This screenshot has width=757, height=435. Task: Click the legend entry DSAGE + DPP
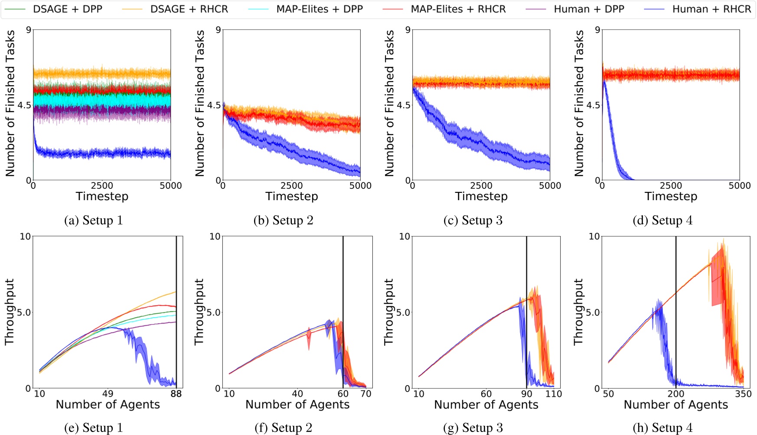(x=67, y=9)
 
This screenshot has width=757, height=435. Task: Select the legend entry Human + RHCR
(x=711, y=9)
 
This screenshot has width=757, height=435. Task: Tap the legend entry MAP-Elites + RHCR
(x=458, y=9)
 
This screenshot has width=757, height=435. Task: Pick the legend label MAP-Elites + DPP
(x=319, y=9)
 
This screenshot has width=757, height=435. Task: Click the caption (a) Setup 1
(x=93, y=221)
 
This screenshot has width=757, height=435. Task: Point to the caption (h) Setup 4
(x=662, y=428)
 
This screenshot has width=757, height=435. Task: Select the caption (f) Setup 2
(x=283, y=428)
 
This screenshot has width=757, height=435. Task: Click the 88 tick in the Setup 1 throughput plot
(x=176, y=394)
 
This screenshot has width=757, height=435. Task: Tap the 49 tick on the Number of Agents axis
(x=108, y=394)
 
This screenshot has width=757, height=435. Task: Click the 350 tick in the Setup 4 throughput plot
(x=743, y=394)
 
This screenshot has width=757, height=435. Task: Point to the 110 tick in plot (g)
(x=554, y=394)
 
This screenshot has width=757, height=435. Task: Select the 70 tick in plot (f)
(x=366, y=394)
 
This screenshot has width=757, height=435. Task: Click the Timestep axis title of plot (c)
(x=481, y=196)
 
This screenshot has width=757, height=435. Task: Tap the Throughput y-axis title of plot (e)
(x=10, y=312)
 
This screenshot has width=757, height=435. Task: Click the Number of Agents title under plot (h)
(x=675, y=405)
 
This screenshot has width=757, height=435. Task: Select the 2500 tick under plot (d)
(x=671, y=186)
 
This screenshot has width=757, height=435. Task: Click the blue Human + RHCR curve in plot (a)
(x=104, y=153)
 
